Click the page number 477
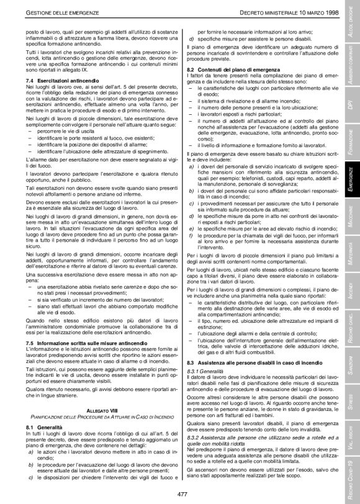click(x=182, y=493)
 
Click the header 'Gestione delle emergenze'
click(x=51, y=14)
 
